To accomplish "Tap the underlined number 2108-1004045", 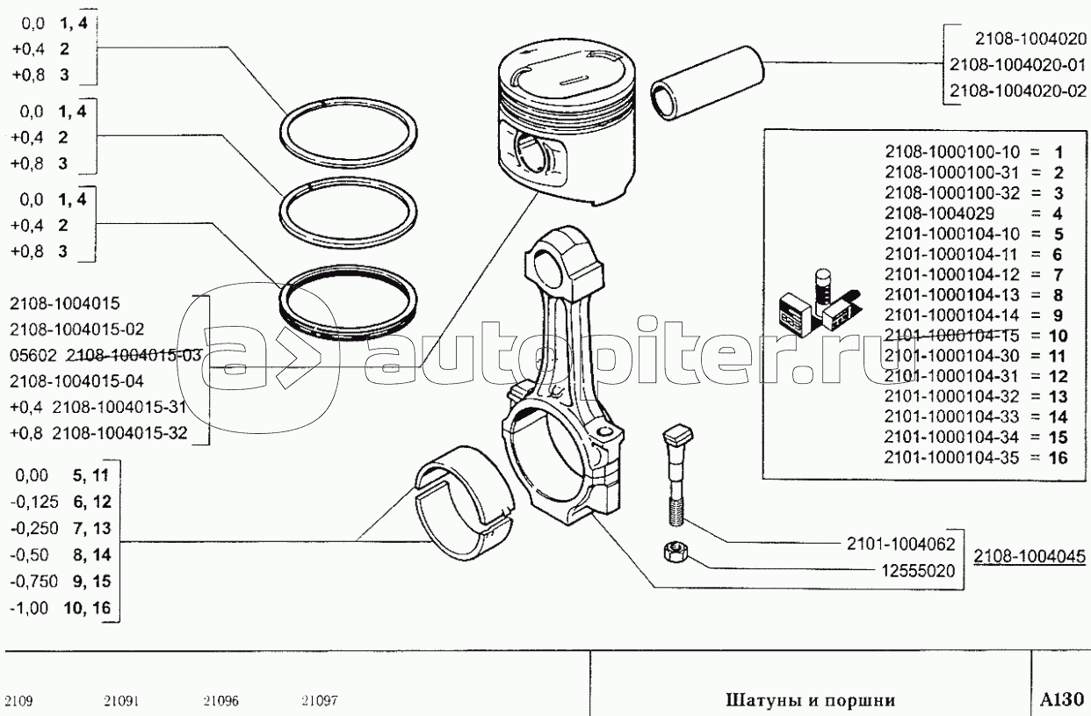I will [x=1029, y=556].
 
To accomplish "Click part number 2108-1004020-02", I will [x=1017, y=90].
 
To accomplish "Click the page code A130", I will [x=1062, y=700].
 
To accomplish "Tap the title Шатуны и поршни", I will [x=809, y=700].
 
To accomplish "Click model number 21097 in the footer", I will [x=320, y=701].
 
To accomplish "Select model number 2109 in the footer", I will [x=19, y=701].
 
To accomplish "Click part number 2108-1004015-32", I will [x=119, y=432].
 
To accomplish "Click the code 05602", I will [x=34, y=355].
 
